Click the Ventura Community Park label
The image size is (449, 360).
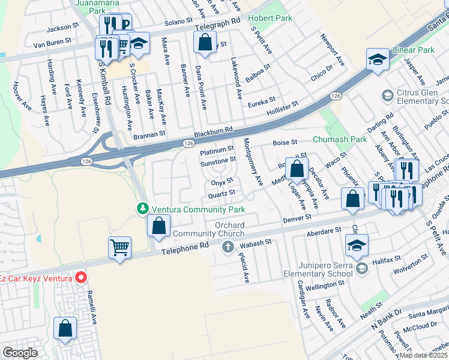[x=198, y=209]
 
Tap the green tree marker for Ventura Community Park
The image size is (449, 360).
[x=143, y=209]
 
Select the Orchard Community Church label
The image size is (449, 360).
[x=208, y=229]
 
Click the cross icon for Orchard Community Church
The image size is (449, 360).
[x=228, y=247]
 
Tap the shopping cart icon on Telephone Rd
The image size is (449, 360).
[x=119, y=247]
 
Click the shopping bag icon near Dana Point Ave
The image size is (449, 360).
[x=205, y=42]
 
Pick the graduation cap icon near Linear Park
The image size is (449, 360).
[x=378, y=59]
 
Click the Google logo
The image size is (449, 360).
[x=20, y=352]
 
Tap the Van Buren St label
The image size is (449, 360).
[x=52, y=43]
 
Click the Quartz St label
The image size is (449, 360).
[x=221, y=193]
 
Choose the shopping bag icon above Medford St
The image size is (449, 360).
[x=296, y=169]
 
